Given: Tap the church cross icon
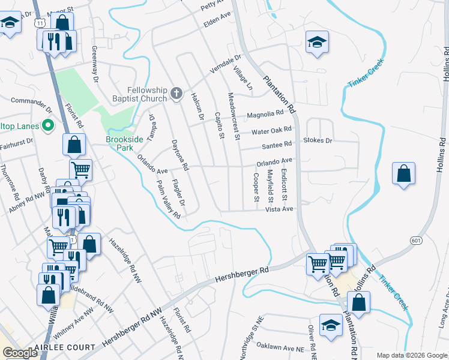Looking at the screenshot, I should click(176, 94).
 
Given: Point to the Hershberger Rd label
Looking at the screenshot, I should click(240, 274).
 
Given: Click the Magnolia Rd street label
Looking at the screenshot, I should click(265, 113).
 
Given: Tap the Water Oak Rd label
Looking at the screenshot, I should click(271, 130).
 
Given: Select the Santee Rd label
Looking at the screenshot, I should click(276, 145).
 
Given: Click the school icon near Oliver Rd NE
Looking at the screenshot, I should click(330, 325).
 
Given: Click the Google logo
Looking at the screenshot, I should click(20, 353).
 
